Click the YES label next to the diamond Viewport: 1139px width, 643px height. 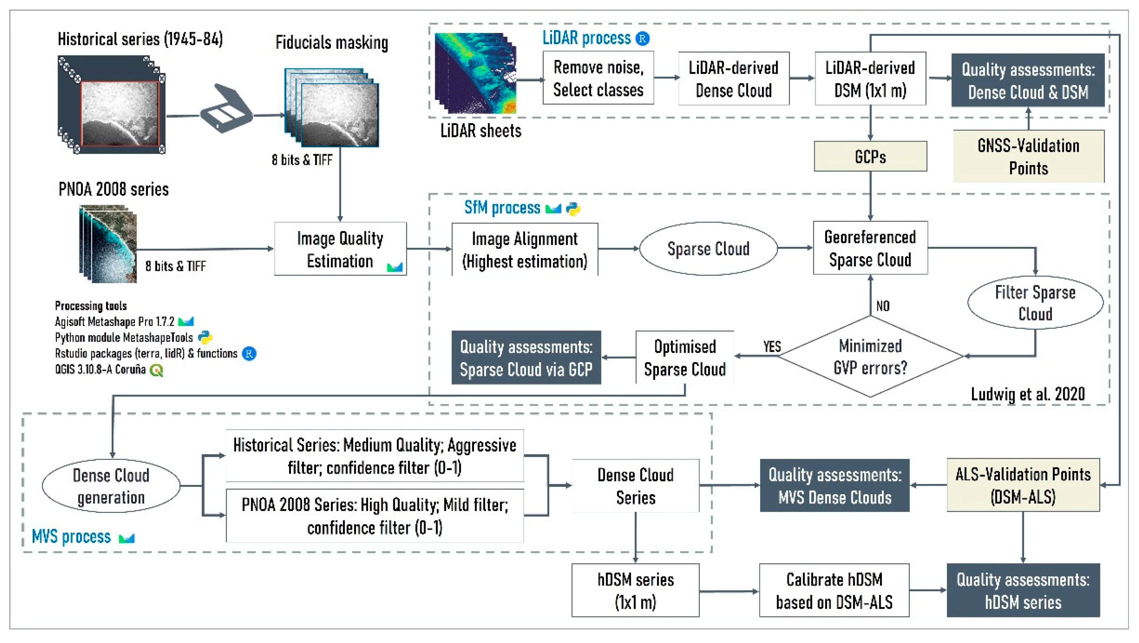[x=772, y=347]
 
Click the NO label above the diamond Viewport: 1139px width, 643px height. [x=882, y=306]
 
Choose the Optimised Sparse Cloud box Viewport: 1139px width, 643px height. [x=684, y=357]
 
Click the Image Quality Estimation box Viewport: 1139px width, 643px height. [x=340, y=249]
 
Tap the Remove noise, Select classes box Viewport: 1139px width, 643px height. [x=598, y=78]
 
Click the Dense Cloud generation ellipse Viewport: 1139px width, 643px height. [x=111, y=486]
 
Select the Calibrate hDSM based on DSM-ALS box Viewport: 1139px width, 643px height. [x=834, y=590]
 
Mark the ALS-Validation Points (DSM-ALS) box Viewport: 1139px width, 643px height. [x=1023, y=485]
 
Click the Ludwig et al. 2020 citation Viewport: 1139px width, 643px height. [x=1028, y=394]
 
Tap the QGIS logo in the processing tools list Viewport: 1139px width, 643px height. [x=156, y=370]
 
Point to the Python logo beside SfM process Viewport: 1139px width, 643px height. [x=573, y=208]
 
